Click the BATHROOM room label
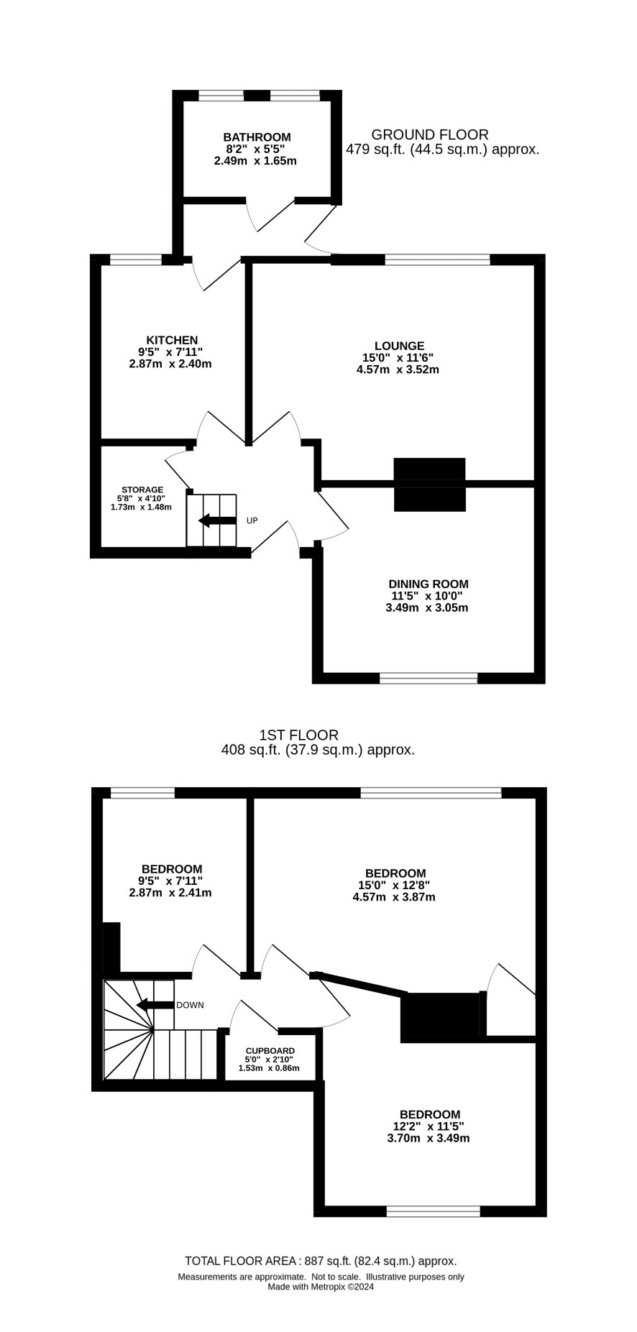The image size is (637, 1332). tap(257, 137)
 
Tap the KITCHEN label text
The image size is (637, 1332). tap(172, 340)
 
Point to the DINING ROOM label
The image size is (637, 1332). tap(429, 584)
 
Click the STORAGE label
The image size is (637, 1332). tap(142, 490)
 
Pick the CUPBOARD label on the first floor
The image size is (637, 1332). tap(270, 1050)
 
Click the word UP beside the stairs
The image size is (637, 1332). tap(252, 520)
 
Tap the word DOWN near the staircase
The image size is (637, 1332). tap(190, 1005)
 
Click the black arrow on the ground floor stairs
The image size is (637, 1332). tap(217, 520)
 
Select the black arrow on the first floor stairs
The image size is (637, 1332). tap(155, 1005)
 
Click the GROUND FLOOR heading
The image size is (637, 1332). tap(430, 134)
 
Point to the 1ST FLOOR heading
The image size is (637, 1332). tap(298, 735)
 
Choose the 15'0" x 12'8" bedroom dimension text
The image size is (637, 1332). tap(394, 886)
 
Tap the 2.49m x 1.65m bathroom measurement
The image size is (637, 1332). tap(255, 161)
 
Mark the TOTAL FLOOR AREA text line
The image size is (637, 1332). tap(321, 1261)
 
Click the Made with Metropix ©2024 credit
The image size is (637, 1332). tap(321, 1287)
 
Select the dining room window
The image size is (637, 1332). tap(429, 678)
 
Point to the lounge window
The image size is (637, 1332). tap(437, 259)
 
